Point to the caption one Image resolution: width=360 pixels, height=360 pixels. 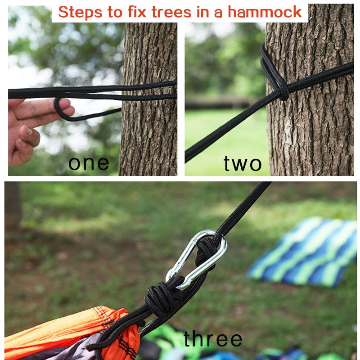tap(89, 163)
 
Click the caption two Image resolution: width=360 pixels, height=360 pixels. tap(243, 164)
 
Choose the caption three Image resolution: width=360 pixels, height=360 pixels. tap(213, 339)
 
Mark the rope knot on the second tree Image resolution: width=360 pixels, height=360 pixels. tap(282, 93)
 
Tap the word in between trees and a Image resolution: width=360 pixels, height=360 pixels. tap(205, 12)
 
